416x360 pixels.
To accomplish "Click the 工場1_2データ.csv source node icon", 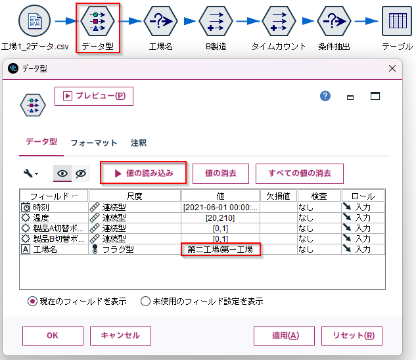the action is pyautogui.click(x=34, y=20).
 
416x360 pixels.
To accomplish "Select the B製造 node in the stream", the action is pyautogui.click(x=216, y=21).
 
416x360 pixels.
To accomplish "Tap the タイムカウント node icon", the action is pyautogui.click(x=279, y=21).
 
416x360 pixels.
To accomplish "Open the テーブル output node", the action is pyautogui.click(x=397, y=21).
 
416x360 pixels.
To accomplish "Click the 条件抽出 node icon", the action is pyautogui.click(x=334, y=21).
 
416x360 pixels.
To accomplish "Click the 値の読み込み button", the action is pyautogui.click(x=143, y=173).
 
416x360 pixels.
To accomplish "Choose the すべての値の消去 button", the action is pyautogui.click(x=300, y=173).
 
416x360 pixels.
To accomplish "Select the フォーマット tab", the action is pyautogui.click(x=94, y=143).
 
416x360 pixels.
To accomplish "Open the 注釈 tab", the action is pyautogui.click(x=139, y=143).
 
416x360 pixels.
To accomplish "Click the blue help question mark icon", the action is pyautogui.click(x=325, y=96).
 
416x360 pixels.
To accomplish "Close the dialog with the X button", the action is pyautogui.click(x=392, y=68).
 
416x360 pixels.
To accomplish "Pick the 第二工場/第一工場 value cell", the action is pyautogui.click(x=220, y=250).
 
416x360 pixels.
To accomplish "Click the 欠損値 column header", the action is pyautogui.click(x=278, y=196).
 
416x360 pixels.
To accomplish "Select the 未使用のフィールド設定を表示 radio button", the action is pyautogui.click(x=145, y=302).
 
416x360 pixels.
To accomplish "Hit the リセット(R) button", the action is pyautogui.click(x=352, y=336).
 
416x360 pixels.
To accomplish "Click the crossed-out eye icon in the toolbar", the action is pyautogui.click(x=81, y=173).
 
